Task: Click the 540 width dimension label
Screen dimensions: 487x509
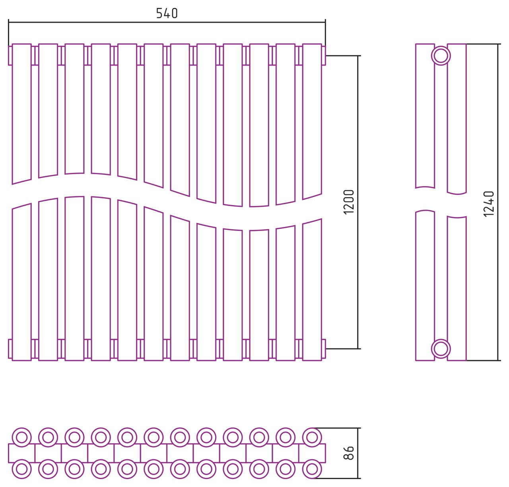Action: [x=167, y=14]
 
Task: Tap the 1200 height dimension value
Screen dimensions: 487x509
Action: [x=348, y=202]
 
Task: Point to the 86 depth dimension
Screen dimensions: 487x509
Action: [x=348, y=453]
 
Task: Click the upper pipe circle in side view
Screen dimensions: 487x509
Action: [x=441, y=56]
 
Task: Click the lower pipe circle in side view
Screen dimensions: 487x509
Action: [x=441, y=349]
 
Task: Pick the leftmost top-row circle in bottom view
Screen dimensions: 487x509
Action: [x=21, y=437]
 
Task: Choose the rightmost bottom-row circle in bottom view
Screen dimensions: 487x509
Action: [x=312, y=469]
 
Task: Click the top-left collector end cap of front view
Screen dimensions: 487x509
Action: [x=10, y=55]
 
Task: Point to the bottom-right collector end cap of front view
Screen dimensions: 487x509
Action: [x=324, y=349]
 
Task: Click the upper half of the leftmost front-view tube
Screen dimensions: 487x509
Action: [x=21, y=111]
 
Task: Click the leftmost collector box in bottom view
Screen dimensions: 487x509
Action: [x=21, y=453]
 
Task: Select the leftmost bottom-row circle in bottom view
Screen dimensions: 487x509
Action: [x=21, y=469]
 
